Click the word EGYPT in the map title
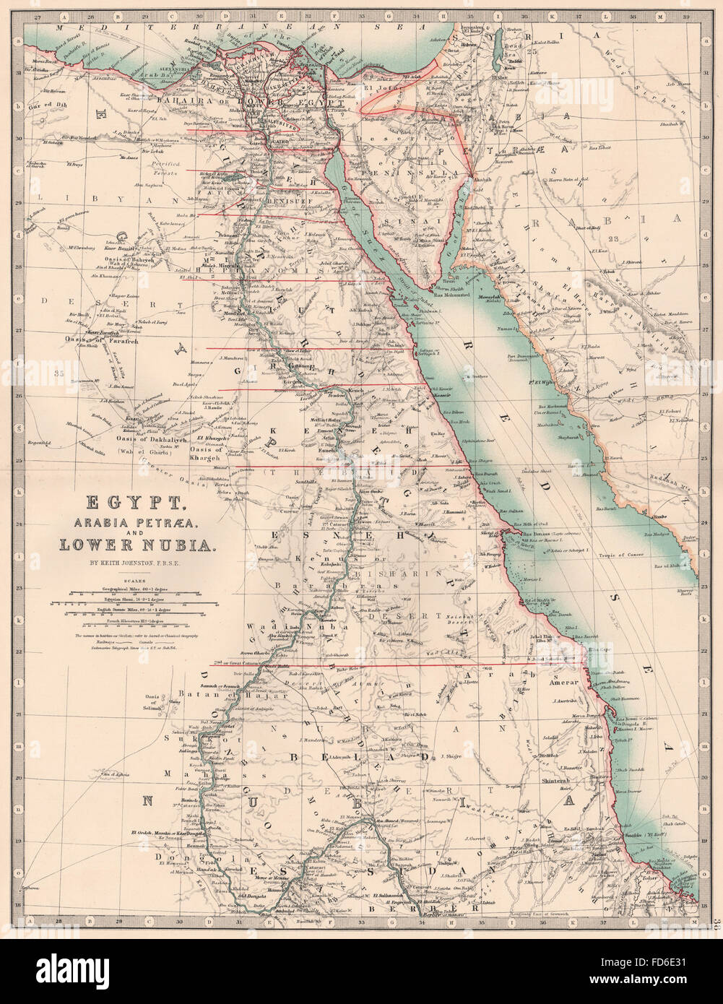120,502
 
